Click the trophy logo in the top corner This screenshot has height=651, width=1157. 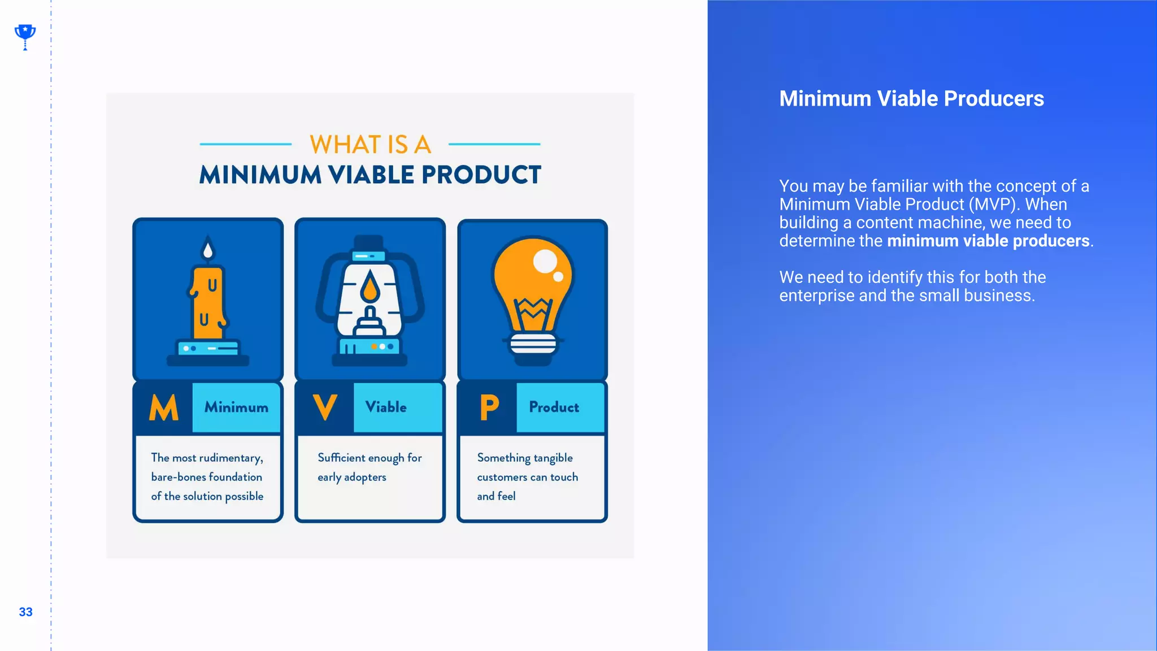coord(25,36)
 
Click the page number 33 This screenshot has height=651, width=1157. coord(25,612)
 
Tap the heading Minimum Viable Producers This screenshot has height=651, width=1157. coord(911,99)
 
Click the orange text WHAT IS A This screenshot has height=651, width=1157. coord(370,145)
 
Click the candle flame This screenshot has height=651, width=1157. coord(208,248)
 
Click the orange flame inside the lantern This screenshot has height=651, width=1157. coord(370,287)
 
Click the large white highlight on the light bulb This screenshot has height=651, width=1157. coord(545,261)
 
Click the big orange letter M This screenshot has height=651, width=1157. coord(163,407)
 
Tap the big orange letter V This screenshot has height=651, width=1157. coord(325,407)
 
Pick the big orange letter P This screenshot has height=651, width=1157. coord(489,407)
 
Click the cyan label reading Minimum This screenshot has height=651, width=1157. coord(236,407)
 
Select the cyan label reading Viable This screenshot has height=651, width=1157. coord(386,407)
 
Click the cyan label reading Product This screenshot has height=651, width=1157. coord(554,407)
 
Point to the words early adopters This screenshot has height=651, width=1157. coord(351,478)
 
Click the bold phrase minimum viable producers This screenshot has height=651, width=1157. coord(988,241)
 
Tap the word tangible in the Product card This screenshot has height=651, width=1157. coord(553,458)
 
